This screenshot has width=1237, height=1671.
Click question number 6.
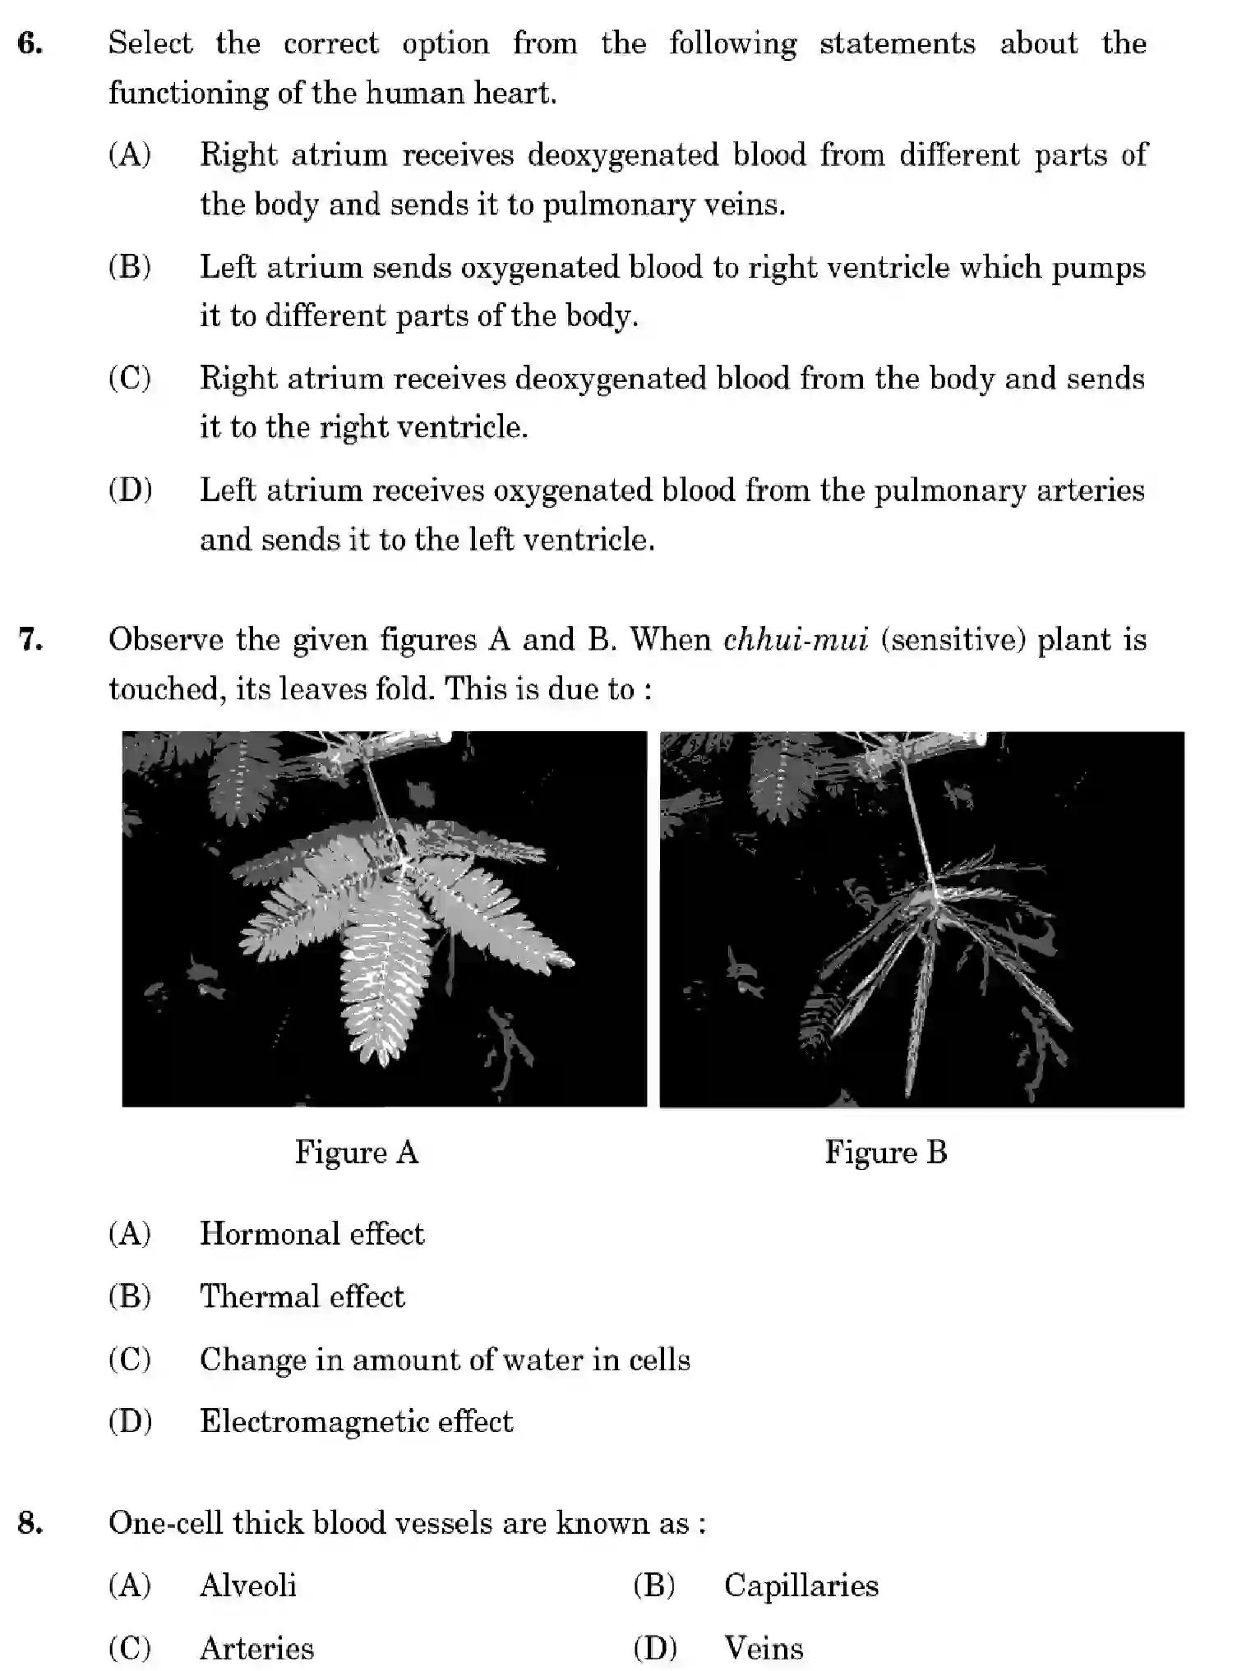(x=30, y=44)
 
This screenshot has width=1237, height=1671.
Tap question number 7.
(x=30, y=639)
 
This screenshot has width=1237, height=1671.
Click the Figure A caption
(x=357, y=1152)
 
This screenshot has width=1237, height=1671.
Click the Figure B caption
(x=885, y=1152)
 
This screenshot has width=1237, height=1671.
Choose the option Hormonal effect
(x=312, y=1233)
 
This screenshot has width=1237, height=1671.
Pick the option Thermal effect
(x=302, y=1296)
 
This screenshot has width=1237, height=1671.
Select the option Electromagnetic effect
(x=356, y=1421)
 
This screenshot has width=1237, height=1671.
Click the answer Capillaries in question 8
(x=801, y=1586)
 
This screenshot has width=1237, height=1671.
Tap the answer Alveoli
(x=247, y=1586)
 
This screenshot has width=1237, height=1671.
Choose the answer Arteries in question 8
(x=256, y=1648)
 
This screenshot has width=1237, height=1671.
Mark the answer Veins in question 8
(x=764, y=1648)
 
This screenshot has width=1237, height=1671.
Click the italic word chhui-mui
(x=795, y=639)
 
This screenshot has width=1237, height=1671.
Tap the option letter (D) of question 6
(x=130, y=490)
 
